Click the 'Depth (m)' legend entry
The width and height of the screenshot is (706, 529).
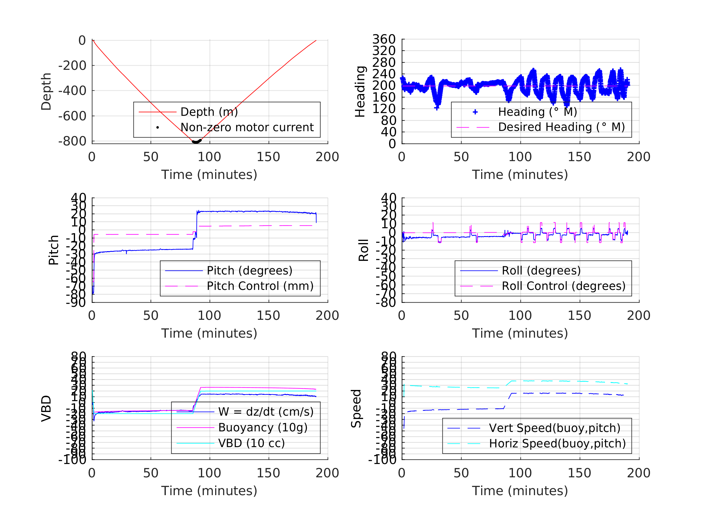pos(209,112)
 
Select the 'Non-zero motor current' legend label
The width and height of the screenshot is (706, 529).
pos(247,127)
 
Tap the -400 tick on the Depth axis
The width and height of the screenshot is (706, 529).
pos(72,91)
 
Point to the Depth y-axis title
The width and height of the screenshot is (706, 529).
pos(46,92)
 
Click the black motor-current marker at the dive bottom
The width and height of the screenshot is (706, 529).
pos(196,141)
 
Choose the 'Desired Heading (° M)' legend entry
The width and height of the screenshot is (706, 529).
pos(561,127)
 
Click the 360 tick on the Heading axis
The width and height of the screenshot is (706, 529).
pos(384,39)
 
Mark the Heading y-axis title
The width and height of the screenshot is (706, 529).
pos(360,92)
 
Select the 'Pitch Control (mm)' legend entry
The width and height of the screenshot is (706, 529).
pos(260,286)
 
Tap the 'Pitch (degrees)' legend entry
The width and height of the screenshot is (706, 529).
pos(249,271)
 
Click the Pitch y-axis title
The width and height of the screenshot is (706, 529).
pos(54,250)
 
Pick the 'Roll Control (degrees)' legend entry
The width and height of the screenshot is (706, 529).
pos(563,286)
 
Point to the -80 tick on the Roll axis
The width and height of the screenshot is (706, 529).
pos(386,302)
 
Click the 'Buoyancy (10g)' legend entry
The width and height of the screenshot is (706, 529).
pos(263,427)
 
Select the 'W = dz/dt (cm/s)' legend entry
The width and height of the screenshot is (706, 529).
pos(266,412)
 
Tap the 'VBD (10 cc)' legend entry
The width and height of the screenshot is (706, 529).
pos(251,443)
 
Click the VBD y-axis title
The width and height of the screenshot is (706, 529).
pos(46,408)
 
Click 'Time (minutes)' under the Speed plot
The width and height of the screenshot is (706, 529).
pos(520,491)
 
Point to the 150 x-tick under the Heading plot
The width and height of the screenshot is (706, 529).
pos(579,157)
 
